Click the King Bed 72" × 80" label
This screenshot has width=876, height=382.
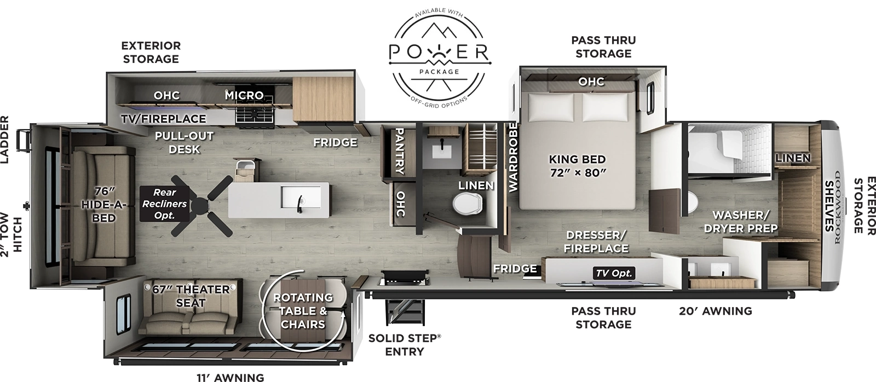tap(577, 166)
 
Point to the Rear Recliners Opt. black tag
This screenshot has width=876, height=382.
tap(164, 204)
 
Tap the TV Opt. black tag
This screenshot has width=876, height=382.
tap(614, 273)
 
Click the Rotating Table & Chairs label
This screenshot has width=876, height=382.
tap(303, 310)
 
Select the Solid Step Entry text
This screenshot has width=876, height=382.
tap(404, 344)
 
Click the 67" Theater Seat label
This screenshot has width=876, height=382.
tap(191, 296)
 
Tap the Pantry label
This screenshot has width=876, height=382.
tap(399, 151)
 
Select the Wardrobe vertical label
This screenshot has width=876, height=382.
tap(513, 157)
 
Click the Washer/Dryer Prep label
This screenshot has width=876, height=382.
tap(741, 221)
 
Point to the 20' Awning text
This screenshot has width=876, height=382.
tap(715, 311)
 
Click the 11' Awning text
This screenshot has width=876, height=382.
tap(230, 377)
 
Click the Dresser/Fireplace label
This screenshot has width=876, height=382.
tap(597, 241)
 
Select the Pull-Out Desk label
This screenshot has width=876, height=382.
tap(184, 142)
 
